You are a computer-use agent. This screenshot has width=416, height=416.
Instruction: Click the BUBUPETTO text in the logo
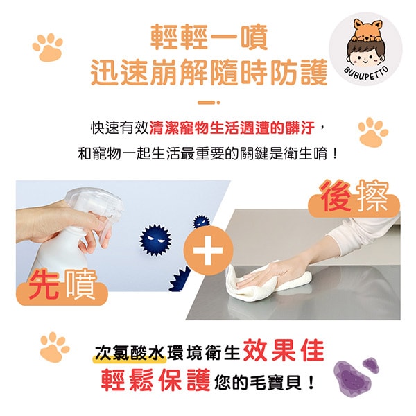(366, 74)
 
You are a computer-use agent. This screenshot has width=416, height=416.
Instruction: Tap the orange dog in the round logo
(367, 30)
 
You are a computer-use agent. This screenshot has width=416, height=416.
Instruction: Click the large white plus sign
(208, 250)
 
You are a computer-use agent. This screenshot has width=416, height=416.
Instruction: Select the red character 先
(44, 284)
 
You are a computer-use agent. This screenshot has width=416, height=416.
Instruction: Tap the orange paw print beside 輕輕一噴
(48, 47)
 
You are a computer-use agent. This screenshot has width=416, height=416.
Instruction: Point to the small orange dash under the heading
(209, 103)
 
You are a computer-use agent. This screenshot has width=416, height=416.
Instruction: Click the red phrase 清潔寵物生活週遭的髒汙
(232, 128)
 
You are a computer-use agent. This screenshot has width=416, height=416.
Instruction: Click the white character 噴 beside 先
(80, 284)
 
